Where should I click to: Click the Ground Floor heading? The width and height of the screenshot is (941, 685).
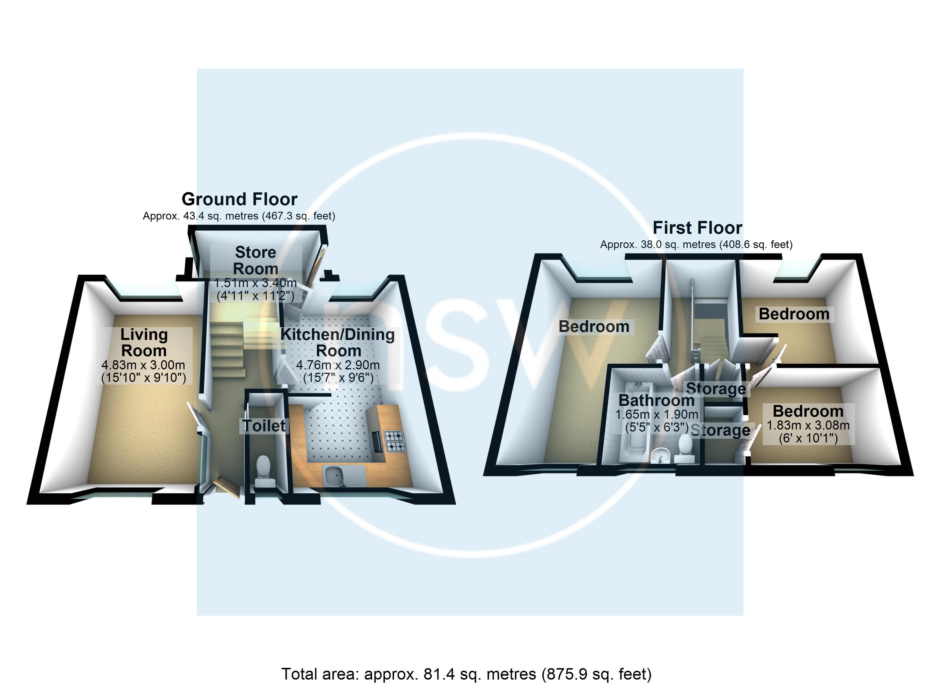pyautogui.click(x=240, y=200)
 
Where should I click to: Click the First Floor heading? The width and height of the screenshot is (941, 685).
pyautogui.click(x=697, y=228)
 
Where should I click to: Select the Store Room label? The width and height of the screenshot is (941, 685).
pyautogui.click(x=255, y=261)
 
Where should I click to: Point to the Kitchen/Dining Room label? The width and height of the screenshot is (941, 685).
pyautogui.click(x=338, y=343)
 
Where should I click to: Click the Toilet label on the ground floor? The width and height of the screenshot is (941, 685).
pyautogui.click(x=264, y=426)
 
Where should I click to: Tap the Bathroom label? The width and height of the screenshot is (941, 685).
pyautogui.click(x=656, y=400)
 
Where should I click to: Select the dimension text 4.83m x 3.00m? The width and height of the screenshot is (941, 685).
pyautogui.click(x=143, y=365)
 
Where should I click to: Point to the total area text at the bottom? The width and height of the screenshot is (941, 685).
pyautogui.click(x=466, y=674)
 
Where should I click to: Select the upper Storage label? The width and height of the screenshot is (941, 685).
pyautogui.click(x=716, y=388)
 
